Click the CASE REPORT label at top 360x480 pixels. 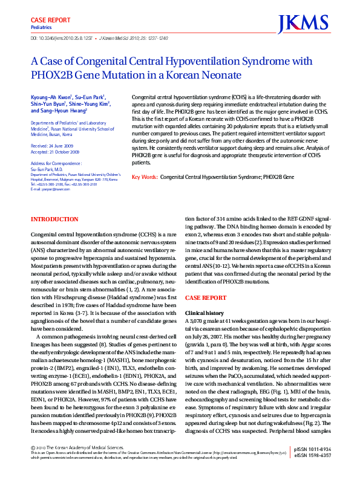coord(47,19)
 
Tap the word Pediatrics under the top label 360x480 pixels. coord(41,28)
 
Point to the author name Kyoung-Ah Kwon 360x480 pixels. coord(51,97)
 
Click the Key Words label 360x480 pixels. coord(145,177)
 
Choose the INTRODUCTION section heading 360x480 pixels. coord(54,219)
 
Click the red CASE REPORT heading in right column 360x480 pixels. coord(205,299)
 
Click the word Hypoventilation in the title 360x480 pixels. coord(194,61)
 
